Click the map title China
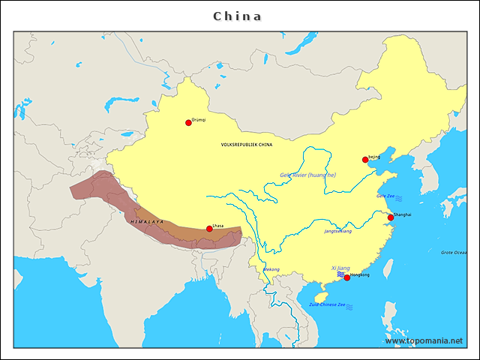(x=238, y=16)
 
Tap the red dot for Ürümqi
(x=188, y=122)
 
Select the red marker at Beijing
(x=365, y=159)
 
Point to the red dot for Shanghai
(x=390, y=217)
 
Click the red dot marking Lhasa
(x=209, y=229)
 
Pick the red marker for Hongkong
(x=346, y=277)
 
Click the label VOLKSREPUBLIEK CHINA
(x=247, y=144)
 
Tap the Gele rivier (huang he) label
(x=307, y=175)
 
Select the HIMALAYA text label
(x=146, y=222)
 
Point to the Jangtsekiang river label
(x=337, y=231)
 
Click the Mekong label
(x=271, y=269)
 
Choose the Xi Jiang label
(x=340, y=268)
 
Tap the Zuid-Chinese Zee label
(x=328, y=304)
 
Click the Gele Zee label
(x=385, y=196)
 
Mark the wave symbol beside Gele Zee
(x=399, y=199)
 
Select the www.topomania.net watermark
(x=424, y=340)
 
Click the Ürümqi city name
(x=199, y=119)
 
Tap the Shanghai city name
(x=402, y=214)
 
